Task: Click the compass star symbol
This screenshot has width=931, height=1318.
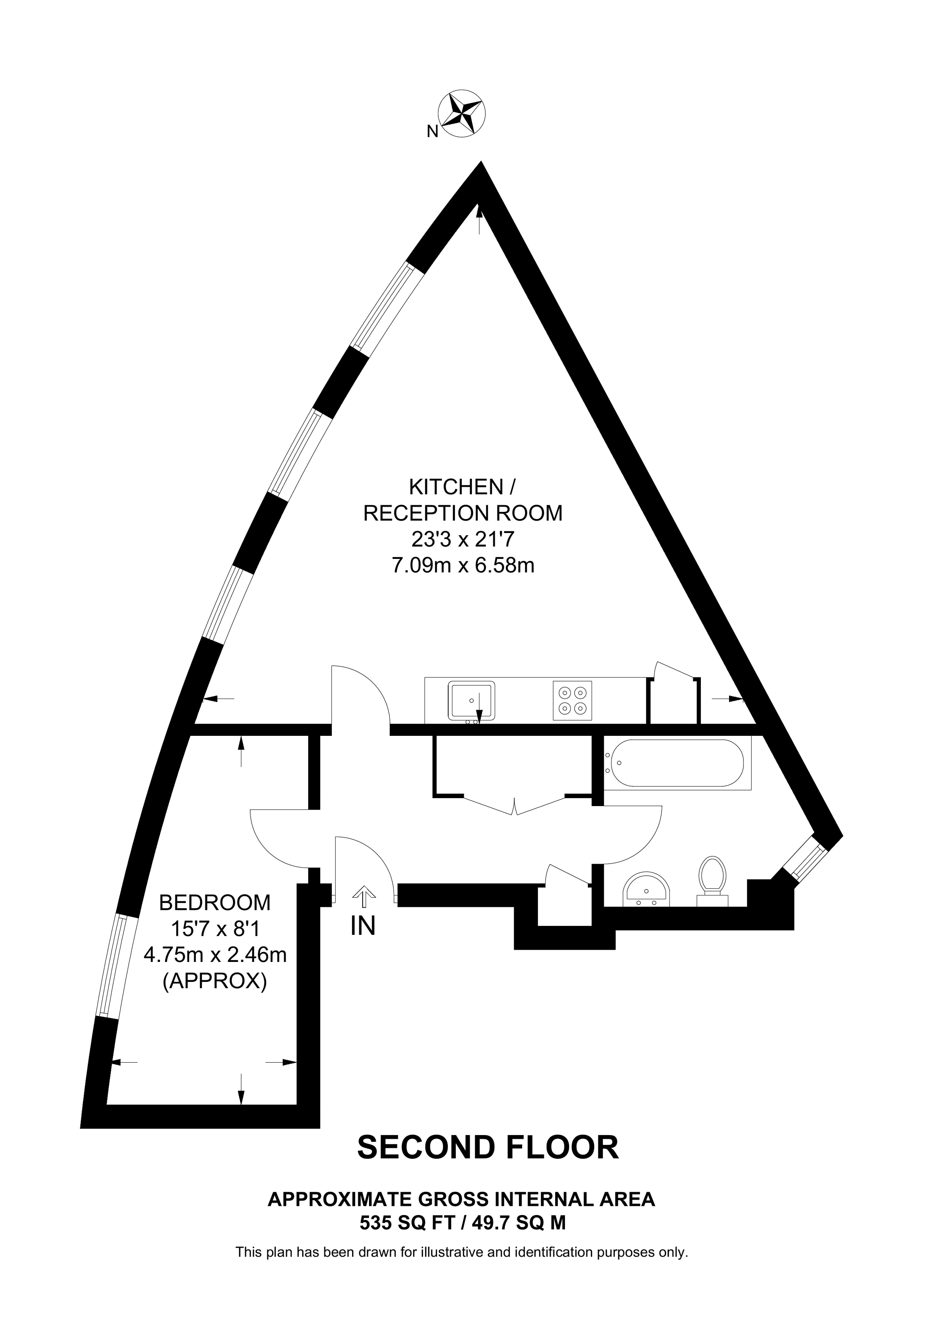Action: pyautogui.click(x=462, y=113)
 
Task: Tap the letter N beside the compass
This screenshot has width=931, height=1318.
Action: pyautogui.click(x=432, y=132)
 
